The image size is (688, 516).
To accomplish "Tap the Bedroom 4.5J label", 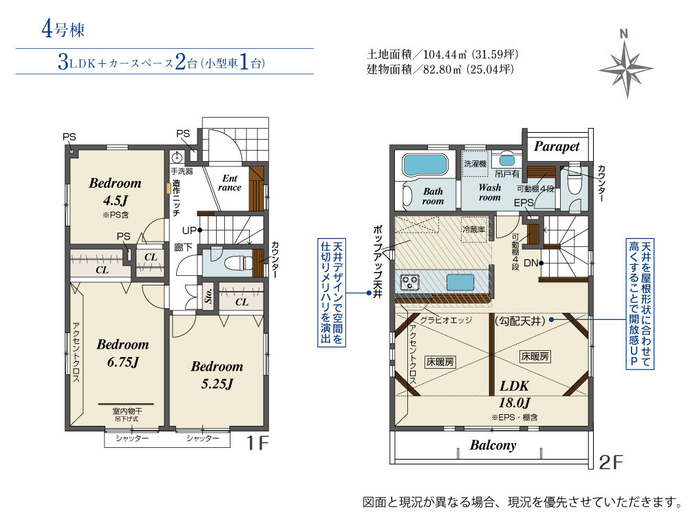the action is tap(115, 191).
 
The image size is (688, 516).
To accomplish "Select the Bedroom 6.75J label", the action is tap(123, 353).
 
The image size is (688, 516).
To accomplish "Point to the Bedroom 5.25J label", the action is tap(217, 375).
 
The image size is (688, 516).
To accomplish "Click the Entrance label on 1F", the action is tap(230, 182).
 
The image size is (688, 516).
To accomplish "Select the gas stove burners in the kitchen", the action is tap(410, 281).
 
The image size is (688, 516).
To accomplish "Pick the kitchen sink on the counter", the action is tap(460, 281).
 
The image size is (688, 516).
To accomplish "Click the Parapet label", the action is tap(557, 146).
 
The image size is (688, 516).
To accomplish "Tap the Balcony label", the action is tap(493, 445).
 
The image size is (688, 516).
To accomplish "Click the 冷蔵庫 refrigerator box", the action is tap(474, 229).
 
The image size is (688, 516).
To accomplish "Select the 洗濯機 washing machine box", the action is tap(475, 164).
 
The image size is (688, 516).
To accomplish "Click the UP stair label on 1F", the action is tap(190, 230).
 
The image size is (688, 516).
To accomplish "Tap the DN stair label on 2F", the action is tap(531, 264).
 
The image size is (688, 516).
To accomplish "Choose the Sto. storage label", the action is tap(208, 296).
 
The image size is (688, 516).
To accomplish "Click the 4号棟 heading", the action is tap(63, 30).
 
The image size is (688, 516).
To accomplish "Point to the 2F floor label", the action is tap(611, 462).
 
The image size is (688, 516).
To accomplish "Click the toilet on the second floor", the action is tap(574, 186).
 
